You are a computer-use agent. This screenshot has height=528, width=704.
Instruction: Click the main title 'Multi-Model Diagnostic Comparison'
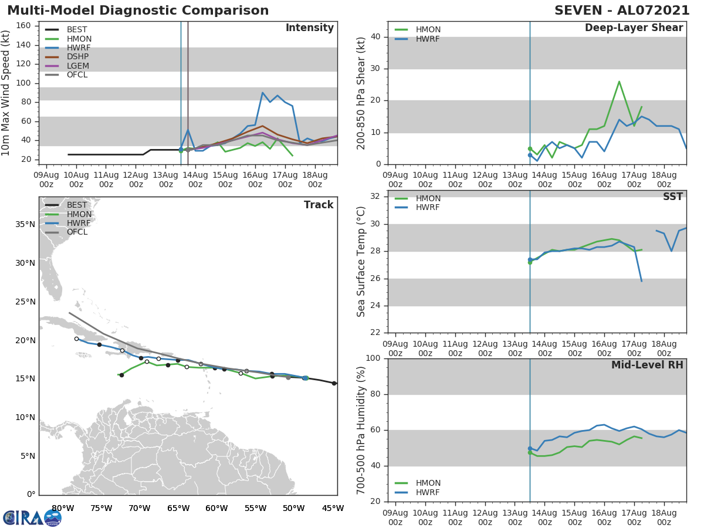point(138,11)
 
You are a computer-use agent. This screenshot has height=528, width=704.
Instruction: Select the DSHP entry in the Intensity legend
point(77,57)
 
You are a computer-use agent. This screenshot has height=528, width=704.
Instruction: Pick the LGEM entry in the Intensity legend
point(77,66)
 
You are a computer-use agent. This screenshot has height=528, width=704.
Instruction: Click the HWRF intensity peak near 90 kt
point(262,92)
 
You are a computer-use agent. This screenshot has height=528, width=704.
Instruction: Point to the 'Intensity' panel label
point(309,28)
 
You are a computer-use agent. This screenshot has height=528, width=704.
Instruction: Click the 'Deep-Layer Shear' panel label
point(634,28)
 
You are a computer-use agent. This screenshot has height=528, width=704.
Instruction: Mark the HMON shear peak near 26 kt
point(619,82)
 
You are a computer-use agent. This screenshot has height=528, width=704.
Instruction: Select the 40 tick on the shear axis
point(377,37)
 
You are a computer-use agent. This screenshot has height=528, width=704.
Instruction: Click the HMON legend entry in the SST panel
point(428,198)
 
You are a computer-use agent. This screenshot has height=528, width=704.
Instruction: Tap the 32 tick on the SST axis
point(377,197)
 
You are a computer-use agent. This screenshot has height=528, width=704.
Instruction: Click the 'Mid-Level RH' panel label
point(647,365)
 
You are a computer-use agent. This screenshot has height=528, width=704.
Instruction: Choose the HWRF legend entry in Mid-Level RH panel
point(428,492)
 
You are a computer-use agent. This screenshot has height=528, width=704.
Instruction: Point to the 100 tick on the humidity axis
point(374,358)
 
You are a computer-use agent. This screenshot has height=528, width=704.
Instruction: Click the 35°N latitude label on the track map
point(25,224)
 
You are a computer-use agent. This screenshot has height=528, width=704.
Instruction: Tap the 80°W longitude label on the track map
point(62,508)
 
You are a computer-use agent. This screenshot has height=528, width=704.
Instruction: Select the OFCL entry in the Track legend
point(77,232)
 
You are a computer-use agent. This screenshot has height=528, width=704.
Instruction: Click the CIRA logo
point(32,518)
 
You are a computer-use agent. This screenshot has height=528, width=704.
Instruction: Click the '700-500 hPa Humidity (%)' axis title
point(362,430)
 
